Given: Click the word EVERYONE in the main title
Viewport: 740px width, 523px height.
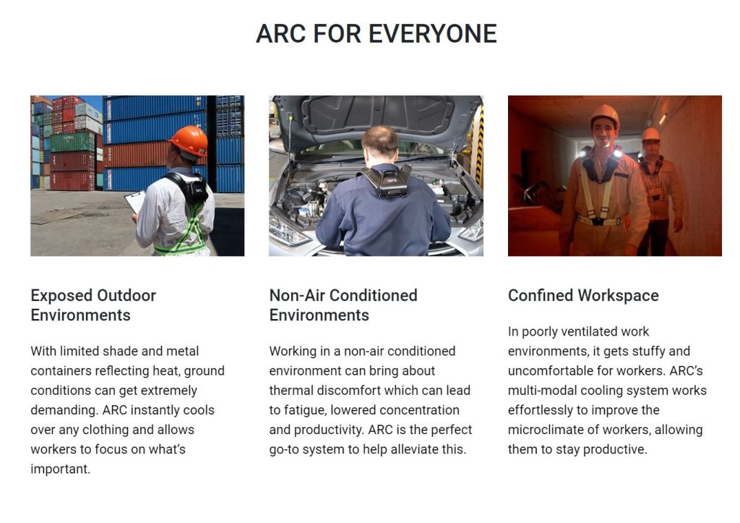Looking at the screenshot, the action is point(432,34).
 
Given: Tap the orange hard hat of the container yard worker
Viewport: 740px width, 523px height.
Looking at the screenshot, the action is point(189,140).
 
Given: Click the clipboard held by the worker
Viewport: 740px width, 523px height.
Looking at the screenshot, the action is point(135,201).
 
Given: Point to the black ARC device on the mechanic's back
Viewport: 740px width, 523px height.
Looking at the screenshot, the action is point(388,181).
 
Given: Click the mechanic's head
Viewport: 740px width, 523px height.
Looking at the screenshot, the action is point(380,144).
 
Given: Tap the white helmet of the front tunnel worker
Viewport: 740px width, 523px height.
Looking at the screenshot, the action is point(604,116).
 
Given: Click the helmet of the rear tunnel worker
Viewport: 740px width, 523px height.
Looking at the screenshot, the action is point(650,134).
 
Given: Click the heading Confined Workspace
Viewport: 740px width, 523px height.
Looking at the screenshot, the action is point(583,295).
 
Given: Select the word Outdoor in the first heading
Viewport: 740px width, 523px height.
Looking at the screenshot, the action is point(126,295).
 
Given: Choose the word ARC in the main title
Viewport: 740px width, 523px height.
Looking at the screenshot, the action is point(281,34).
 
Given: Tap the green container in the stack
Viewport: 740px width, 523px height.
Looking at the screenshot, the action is point(73,142).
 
